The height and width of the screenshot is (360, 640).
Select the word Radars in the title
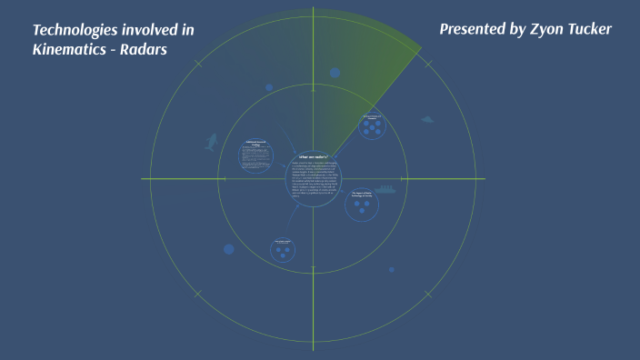(145, 48)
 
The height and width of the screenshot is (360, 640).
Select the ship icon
(385, 190)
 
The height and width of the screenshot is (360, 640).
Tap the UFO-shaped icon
(427, 119)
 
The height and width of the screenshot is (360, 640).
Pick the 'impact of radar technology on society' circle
(361, 205)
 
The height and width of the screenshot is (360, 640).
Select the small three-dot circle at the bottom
(283, 250)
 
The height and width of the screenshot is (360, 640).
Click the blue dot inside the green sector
(335, 73)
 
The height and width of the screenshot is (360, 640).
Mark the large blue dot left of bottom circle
(229, 249)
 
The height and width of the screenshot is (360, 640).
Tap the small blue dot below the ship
(391, 268)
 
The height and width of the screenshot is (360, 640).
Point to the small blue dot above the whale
(269, 87)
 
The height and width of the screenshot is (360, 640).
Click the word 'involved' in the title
(152, 30)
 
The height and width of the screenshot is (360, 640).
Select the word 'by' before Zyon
(515, 29)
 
